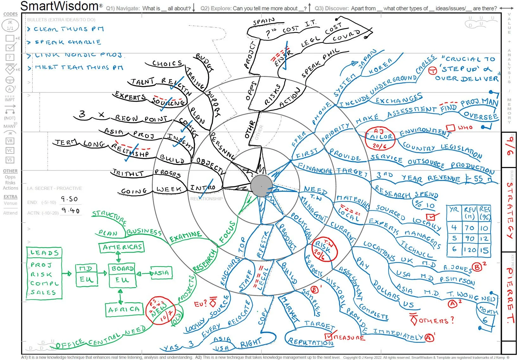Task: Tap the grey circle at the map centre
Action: click(x=261, y=186)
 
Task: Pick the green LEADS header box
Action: click(x=44, y=253)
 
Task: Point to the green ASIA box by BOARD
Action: click(x=161, y=273)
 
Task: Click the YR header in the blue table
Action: click(x=454, y=209)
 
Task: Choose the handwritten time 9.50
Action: click(x=69, y=199)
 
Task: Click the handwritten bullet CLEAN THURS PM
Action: click(x=69, y=29)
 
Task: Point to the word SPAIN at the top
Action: click(x=263, y=22)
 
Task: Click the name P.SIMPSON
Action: click(x=457, y=281)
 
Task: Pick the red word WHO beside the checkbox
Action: click(x=465, y=128)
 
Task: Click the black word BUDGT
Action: click(x=205, y=62)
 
